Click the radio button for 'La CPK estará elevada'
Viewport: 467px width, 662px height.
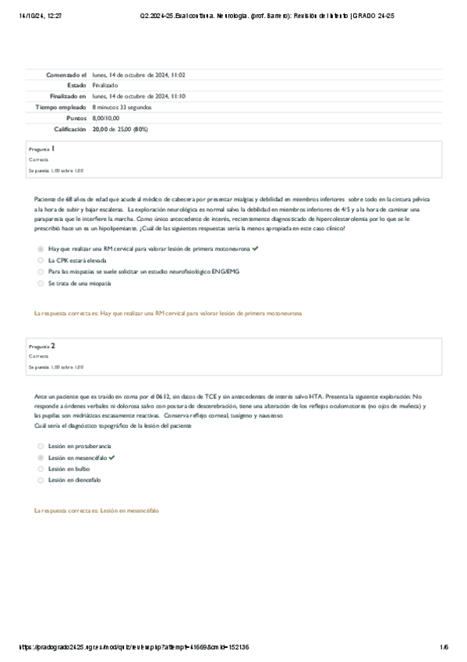tap(41, 260)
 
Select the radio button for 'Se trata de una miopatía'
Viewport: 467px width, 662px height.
tap(41, 283)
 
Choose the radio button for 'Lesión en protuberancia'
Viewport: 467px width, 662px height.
tap(41, 445)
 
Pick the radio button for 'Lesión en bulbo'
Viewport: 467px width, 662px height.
tap(41, 468)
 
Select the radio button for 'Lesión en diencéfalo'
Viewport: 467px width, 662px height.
tap(41, 480)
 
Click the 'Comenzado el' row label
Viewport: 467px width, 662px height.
tap(65, 74)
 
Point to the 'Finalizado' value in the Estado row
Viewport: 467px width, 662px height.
tap(105, 85)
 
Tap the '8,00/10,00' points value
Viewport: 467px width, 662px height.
tap(106, 118)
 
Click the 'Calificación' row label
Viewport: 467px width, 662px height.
tap(69, 129)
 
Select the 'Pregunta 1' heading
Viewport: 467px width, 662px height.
tap(41, 148)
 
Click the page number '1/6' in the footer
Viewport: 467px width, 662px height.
tap(444, 647)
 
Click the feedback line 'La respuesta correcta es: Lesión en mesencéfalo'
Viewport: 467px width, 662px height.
tap(97, 510)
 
